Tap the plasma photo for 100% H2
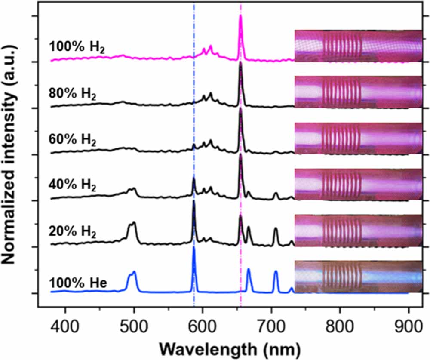(x=358, y=46)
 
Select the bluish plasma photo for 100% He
(x=358, y=277)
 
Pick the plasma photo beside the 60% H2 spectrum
(x=358, y=138)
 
